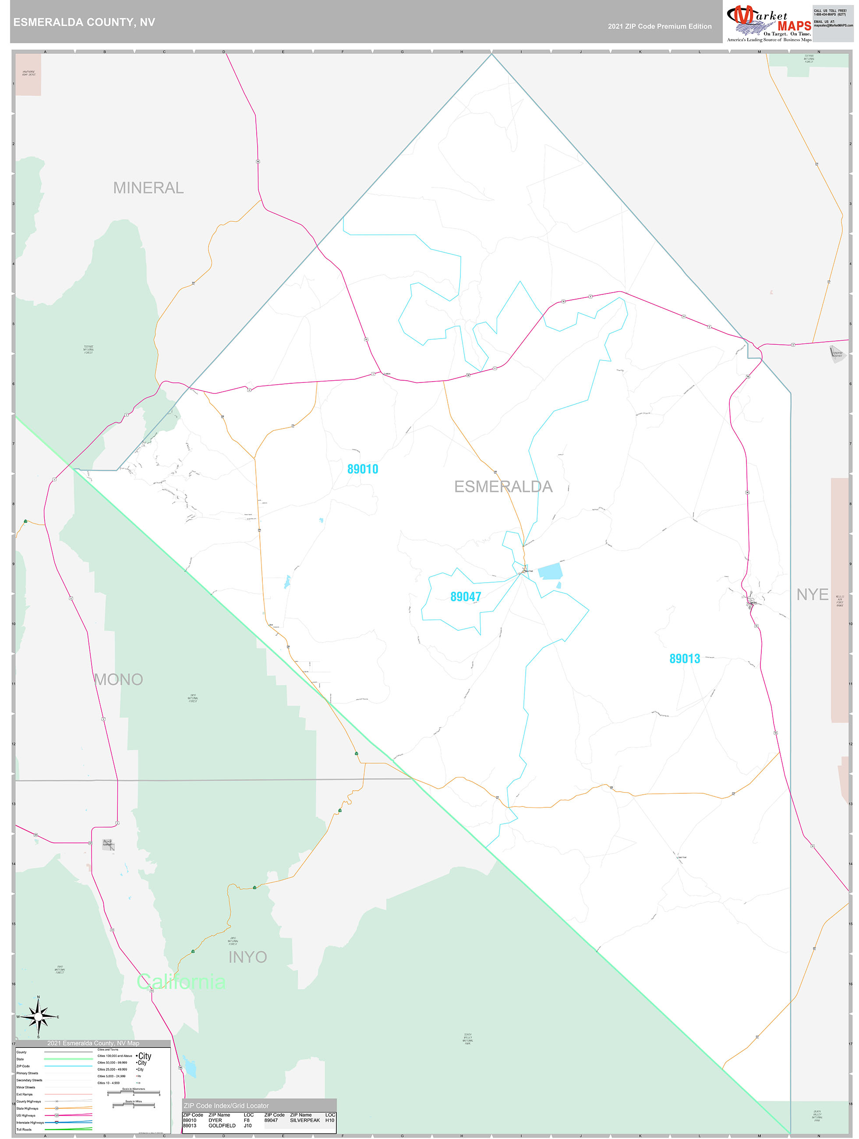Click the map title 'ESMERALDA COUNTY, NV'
pos(84,22)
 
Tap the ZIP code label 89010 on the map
pos(363,469)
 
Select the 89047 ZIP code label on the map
pos(466,597)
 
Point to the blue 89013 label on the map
pos(684,658)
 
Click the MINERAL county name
pos(148,188)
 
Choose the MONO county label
pos(118,680)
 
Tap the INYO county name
pos(247,957)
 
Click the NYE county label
pos(812,595)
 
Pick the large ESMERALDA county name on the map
pos(503,487)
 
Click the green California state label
pos(181,981)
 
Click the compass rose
pos(38,1017)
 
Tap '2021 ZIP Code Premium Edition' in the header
pos(659,26)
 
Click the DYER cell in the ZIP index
pos(215,1120)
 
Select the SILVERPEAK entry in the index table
pos(304,1120)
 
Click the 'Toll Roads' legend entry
pos(24,1129)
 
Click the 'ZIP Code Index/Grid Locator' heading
pos(226,1106)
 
